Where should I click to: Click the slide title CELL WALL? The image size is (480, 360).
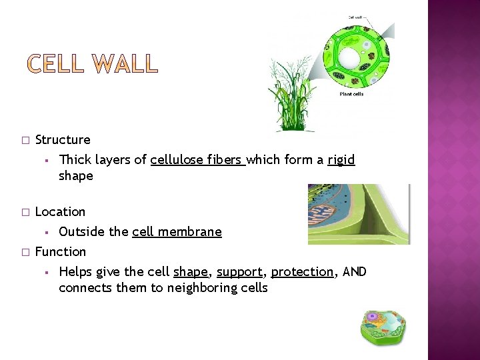pyautogui.click(x=93, y=65)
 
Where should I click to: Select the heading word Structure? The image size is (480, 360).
pyautogui.click(x=63, y=140)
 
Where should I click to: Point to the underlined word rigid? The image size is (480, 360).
pyautogui.click(x=341, y=160)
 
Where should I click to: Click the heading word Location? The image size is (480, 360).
pyautogui.click(x=60, y=212)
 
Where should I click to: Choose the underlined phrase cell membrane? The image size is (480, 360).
pyautogui.click(x=177, y=232)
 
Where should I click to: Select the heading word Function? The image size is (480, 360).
pyautogui.click(x=60, y=252)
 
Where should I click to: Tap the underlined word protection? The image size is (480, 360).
pyautogui.click(x=302, y=272)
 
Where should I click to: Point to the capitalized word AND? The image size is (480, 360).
pyautogui.click(x=354, y=272)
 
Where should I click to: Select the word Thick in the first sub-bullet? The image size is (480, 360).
pyautogui.click(x=74, y=160)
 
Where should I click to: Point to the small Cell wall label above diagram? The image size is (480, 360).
pyautogui.click(x=356, y=17)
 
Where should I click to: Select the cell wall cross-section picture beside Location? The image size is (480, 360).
pyautogui.click(x=359, y=214)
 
